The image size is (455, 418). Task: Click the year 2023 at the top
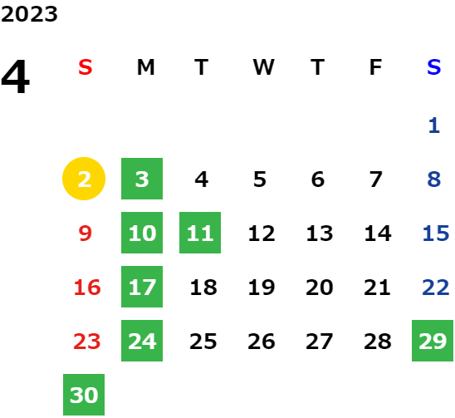tap(29, 14)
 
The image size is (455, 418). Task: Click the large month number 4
tap(16, 76)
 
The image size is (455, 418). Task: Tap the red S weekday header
tap(86, 67)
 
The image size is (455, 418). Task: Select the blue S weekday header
tap(433, 67)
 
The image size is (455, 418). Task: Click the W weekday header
tap(263, 67)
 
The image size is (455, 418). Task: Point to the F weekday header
tap(375, 67)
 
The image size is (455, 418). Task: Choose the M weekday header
tap(145, 67)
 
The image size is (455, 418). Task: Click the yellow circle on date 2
tap(84, 179)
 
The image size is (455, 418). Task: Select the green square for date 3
tap(142, 179)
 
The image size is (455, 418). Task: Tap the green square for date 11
tap(200, 233)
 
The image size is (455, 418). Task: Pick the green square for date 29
tap(433, 341)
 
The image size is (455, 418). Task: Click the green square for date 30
tap(84, 395)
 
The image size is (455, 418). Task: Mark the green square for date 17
tap(142, 287)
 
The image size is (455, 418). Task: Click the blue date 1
tap(434, 125)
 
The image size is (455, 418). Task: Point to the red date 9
tap(86, 233)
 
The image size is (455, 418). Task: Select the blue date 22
tap(436, 288)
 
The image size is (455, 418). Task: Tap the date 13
tap(320, 233)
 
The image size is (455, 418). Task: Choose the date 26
tap(262, 342)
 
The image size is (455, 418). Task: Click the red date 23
tap(87, 342)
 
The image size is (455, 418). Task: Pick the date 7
tap(376, 179)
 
